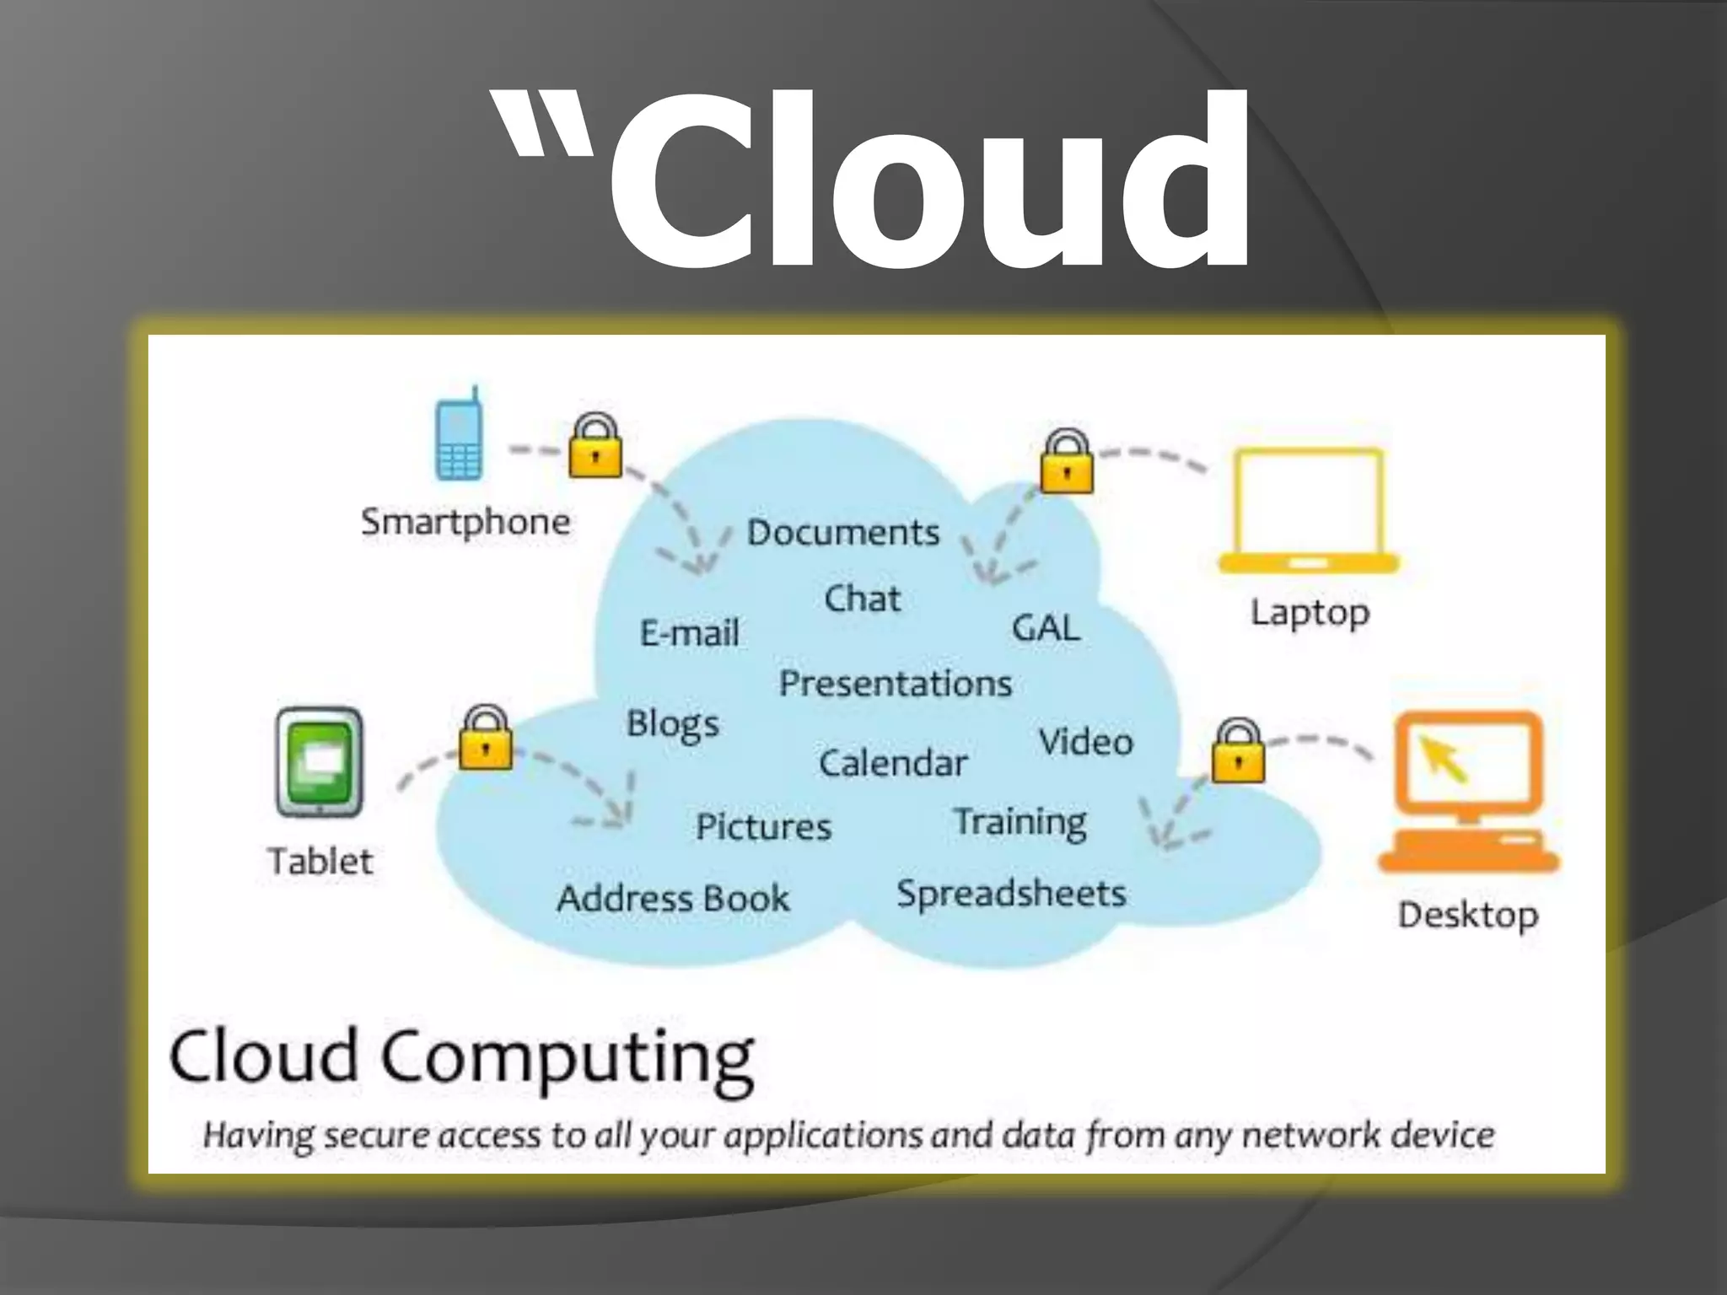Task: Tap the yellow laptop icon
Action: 1309,511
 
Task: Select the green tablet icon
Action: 320,762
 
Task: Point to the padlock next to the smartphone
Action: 595,447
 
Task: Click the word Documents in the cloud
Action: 843,533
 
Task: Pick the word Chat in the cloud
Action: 862,599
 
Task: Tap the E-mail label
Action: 690,632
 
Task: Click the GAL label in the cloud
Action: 1046,628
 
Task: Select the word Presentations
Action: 895,684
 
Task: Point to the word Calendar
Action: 892,764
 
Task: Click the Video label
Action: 1086,742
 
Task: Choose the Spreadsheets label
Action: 1011,894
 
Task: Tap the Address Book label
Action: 673,899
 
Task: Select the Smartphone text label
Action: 465,523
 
